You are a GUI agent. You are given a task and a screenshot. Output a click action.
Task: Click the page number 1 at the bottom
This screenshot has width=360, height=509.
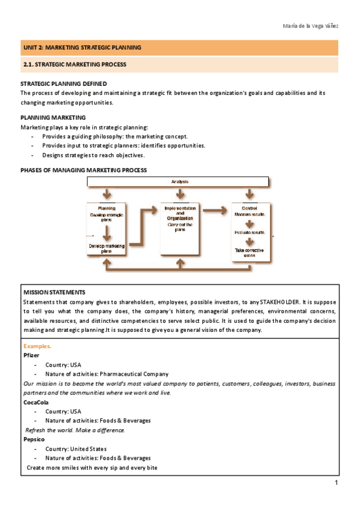coord(337,483)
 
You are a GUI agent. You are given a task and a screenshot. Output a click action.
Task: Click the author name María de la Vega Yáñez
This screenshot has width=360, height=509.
coord(310,26)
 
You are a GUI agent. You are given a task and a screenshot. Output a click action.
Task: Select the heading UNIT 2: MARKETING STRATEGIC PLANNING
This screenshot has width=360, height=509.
coord(82,47)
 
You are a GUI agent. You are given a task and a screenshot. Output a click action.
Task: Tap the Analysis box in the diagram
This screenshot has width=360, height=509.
coord(179,181)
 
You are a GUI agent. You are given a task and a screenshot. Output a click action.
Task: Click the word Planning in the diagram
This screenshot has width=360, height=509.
coord(107,208)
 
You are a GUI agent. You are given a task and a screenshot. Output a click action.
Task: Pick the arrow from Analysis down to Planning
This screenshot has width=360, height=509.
coord(107,194)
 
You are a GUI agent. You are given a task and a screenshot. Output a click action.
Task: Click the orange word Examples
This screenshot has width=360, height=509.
coord(37,346)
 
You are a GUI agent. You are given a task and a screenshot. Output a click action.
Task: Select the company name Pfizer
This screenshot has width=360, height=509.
coord(31,355)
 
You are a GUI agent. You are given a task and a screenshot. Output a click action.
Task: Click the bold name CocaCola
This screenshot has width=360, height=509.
coord(36,402)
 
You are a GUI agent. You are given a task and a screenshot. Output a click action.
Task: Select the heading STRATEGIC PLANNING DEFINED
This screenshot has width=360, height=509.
coord(64,84)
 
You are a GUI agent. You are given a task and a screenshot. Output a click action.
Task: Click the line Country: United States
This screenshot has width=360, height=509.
coord(76,448)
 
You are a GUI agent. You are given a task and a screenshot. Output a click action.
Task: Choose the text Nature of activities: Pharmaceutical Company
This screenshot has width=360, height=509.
coord(107,374)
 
